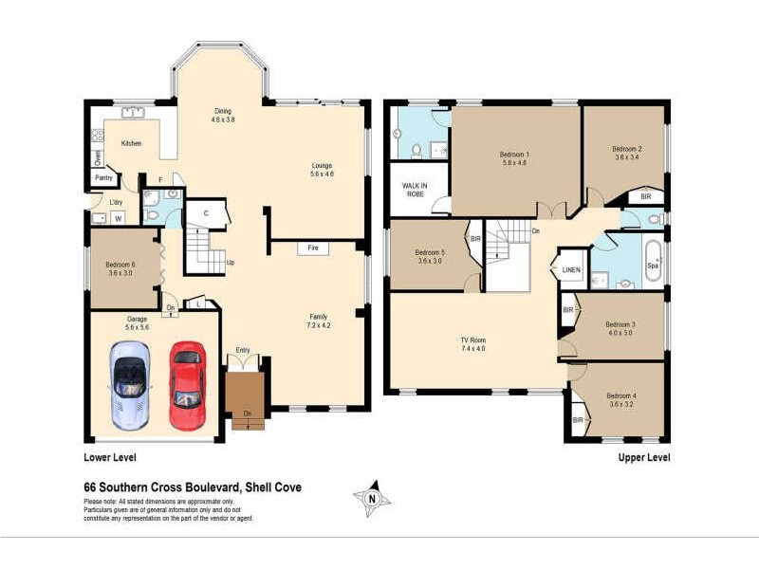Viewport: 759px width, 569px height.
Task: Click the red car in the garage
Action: tap(187, 385)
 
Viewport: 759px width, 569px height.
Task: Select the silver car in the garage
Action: tap(130, 382)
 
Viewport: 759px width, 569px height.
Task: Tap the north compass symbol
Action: tap(372, 498)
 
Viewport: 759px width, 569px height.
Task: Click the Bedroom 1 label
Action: tap(514, 159)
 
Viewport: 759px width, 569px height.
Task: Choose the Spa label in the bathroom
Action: tap(653, 266)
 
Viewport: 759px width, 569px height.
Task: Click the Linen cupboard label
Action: tap(570, 270)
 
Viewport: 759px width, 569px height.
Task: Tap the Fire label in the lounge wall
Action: tap(313, 248)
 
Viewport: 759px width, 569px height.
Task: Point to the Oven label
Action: tap(97, 157)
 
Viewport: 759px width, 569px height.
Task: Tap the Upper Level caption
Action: tap(644, 457)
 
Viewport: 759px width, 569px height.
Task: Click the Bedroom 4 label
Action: tap(620, 399)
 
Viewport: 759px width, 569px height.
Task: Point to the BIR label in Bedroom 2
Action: tap(645, 196)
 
